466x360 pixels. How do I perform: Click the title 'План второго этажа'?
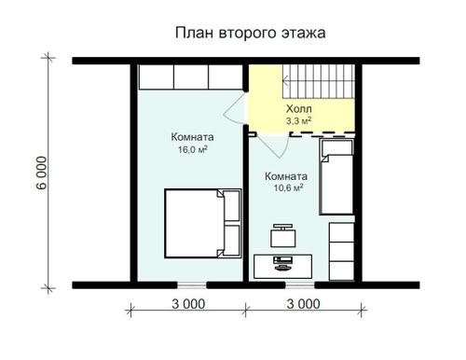pyautogui.click(x=251, y=33)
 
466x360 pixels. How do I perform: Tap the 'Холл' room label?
pyautogui.click(x=299, y=109)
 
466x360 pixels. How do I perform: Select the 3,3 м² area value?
pyautogui.click(x=298, y=121)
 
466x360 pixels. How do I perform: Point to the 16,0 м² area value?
pyautogui.click(x=193, y=150)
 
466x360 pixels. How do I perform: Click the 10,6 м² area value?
pyautogui.click(x=288, y=187)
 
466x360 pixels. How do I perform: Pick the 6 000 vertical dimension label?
pyautogui.click(x=42, y=173)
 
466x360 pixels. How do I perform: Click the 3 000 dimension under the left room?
pyautogui.click(x=188, y=304)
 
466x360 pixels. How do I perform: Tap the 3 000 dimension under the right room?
pyautogui.click(x=303, y=304)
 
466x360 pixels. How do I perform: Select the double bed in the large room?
pyautogui.click(x=203, y=223)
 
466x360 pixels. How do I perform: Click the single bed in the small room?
pyautogui.click(x=336, y=177)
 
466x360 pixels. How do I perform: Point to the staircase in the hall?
pyautogui.click(x=319, y=81)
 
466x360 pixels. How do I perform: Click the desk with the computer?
pyautogui.click(x=282, y=267)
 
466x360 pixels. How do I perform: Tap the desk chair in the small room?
pyautogui.click(x=282, y=236)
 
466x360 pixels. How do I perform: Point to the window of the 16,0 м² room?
pyautogui.click(x=192, y=284)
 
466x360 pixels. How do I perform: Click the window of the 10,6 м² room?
pyautogui.click(x=300, y=284)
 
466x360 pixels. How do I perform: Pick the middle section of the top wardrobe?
pyautogui.click(x=191, y=76)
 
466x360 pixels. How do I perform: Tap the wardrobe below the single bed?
pyautogui.click(x=342, y=251)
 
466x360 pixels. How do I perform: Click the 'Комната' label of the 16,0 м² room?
pyautogui.click(x=192, y=137)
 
